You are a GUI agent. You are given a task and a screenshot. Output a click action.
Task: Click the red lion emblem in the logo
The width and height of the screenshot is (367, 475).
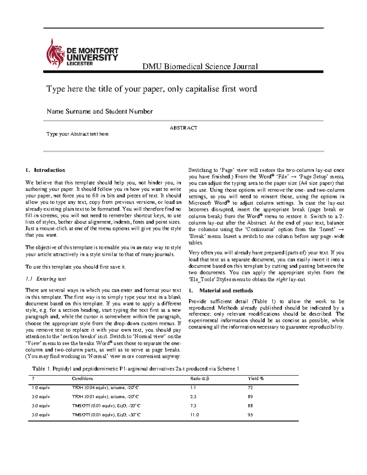coord(55,54)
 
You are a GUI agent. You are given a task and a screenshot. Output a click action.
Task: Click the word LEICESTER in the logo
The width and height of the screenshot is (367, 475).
coord(80,64)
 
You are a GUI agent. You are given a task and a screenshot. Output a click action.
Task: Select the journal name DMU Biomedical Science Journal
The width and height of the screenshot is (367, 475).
coord(200,66)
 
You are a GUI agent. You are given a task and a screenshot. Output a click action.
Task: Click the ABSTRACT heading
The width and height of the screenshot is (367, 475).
coord(183,128)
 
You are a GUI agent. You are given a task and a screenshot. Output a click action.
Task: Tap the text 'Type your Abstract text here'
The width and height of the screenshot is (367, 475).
coord(77,134)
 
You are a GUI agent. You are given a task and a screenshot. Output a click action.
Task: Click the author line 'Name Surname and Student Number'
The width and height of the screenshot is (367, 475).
coord(99,111)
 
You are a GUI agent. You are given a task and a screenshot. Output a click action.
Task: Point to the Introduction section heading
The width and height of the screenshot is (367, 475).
coord(49,170)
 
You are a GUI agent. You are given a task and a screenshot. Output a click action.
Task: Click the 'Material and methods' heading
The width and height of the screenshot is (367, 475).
coord(226,291)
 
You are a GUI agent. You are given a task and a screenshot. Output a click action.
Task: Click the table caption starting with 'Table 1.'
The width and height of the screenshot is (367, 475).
coord(135,369)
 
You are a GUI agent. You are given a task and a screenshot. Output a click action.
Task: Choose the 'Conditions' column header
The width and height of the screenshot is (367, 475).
coord(82,379)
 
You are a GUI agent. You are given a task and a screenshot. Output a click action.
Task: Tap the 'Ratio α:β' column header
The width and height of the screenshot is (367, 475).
coord(199,379)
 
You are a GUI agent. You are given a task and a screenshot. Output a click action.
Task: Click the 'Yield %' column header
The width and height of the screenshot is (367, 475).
coord(256,379)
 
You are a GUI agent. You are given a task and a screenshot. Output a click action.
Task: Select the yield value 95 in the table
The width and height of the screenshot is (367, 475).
coord(250,415)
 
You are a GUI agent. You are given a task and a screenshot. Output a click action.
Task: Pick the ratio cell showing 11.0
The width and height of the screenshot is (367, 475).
coord(194,415)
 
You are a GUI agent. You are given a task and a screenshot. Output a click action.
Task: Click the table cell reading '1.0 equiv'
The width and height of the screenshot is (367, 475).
coord(41,388)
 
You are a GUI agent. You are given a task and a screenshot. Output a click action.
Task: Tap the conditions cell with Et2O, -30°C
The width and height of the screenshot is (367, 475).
coord(106,415)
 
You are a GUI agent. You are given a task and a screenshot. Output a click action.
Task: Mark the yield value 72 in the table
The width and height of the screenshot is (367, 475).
coord(250,388)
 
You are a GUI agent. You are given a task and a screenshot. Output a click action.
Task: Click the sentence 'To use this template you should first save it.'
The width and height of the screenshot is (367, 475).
coord(76,267)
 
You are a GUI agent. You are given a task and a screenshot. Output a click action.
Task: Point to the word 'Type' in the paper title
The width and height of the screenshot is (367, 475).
coord(56,89)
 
